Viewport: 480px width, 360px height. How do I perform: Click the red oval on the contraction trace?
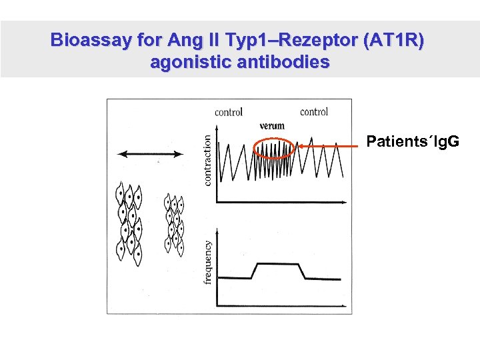coord(274,148)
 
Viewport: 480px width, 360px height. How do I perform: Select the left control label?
coord(229,112)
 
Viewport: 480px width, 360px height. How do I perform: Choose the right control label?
coord(314,112)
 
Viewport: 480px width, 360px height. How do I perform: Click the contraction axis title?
coord(207,160)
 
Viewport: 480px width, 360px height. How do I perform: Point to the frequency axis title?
coord(207,262)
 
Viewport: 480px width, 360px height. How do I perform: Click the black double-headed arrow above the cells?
coord(151,154)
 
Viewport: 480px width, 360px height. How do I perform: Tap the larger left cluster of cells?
coord(129,222)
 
